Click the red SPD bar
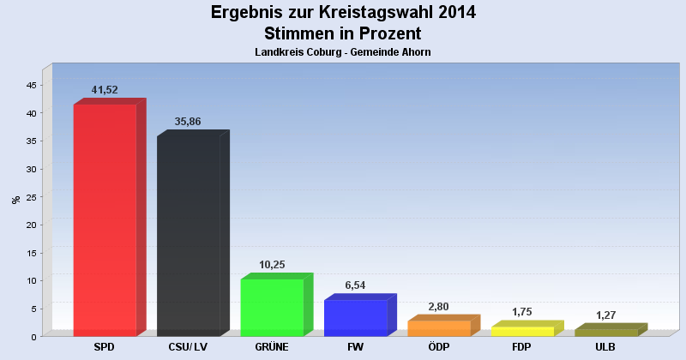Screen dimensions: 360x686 point(105,219)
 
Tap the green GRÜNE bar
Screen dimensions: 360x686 point(272,307)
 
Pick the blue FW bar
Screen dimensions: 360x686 point(355,317)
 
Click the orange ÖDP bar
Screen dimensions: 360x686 point(439,327)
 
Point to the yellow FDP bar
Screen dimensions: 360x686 point(522,331)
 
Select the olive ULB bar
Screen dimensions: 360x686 point(605,333)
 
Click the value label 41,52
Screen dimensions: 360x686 point(105,90)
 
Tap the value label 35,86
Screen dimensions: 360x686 point(188,122)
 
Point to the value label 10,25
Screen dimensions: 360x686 point(272,265)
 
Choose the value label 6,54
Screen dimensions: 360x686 point(355,285)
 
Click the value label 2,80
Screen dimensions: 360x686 point(439,306)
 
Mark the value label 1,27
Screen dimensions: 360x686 point(606,315)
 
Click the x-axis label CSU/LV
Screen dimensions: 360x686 point(188,347)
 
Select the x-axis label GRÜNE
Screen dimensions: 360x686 point(272,347)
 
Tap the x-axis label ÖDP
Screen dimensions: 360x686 point(439,347)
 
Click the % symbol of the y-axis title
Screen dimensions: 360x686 point(15,200)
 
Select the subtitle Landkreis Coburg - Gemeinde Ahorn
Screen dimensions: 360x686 point(343,52)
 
